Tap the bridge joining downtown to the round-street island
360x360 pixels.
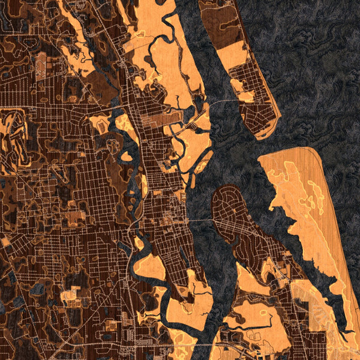[x=201, y=220]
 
